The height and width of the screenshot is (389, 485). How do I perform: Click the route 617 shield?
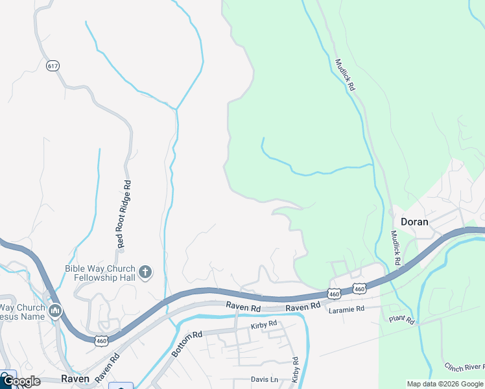pyautogui.click(x=53, y=65)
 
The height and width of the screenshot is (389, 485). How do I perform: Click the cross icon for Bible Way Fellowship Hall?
pyautogui.click(x=145, y=272)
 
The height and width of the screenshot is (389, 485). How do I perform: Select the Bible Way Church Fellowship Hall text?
pyautogui.click(x=100, y=273)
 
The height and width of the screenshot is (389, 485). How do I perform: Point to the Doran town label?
pyautogui.click(x=414, y=222)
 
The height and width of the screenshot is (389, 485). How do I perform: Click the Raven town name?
pyautogui.click(x=75, y=377)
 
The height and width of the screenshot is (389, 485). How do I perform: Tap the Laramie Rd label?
pyautogui.click(x=347, y=309)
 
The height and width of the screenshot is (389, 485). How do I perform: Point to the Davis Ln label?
pyautogui.click(x=265, y=379)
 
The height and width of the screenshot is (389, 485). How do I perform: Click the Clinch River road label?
pyautogui.click(x=464, y=368)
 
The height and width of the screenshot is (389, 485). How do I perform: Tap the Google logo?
pyautogui.click(x=21, y=381)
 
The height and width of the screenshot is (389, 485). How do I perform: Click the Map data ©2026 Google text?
pyautogui.click(x=445, y=384)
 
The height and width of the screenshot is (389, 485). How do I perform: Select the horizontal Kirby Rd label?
pyautogui.click(x=264, y=323)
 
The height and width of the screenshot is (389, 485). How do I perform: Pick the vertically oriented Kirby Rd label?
pyautogui.click(x=294, y=369)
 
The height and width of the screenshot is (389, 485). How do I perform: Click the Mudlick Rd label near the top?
pyautogui.click(x=345, y=75)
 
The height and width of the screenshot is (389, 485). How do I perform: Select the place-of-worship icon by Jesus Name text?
pyautogui.click(x=54, y=312)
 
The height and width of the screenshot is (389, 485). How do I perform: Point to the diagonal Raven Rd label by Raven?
pyautogui.click(x=107, y=368)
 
